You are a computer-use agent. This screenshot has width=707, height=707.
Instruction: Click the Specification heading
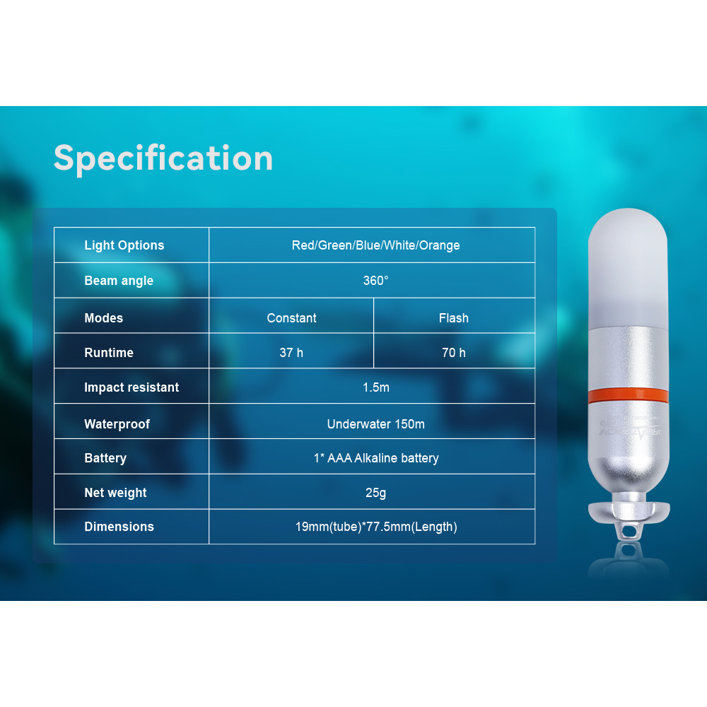(x=163, y=158)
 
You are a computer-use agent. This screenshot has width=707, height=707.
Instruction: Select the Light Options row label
(x=124, y=245)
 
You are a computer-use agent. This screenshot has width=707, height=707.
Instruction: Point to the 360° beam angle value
(x=375, y=281)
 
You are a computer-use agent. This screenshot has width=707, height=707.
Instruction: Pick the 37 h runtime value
(x=291, y=353)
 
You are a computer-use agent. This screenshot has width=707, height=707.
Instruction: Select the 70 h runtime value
(x=454, y=353)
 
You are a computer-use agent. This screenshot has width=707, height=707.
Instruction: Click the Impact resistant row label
(x=132, y=387)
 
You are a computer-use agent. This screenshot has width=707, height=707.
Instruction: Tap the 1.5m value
(x=375, y=387)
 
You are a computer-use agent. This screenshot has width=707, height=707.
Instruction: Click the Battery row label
(x=105, y=458)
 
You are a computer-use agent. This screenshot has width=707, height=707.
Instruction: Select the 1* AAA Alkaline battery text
(x=376, y=458)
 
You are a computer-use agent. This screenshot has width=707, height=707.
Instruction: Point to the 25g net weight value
(x=375, y=493)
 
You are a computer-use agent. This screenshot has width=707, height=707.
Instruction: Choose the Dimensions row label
(x=119, y=527)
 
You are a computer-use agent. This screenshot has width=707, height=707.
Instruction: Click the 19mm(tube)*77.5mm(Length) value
(x=376, y=527)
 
